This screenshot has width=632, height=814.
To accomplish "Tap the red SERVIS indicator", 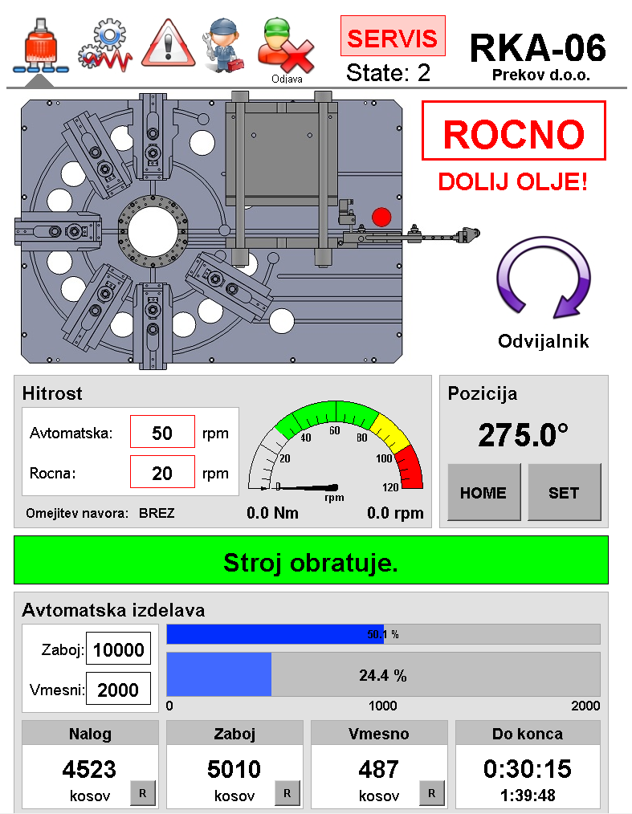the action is click(393, 36).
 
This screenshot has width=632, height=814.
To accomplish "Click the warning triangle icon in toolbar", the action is click(169, 44).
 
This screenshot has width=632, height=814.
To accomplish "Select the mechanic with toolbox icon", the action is click(224, 45).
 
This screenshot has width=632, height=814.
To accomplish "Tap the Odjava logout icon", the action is click(286, 47).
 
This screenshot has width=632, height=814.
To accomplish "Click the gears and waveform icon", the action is click(106, 45).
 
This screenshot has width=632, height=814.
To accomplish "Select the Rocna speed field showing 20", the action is click(162, 472).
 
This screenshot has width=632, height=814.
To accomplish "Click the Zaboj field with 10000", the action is click(118, 649).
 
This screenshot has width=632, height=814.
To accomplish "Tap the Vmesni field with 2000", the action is click(118, 689).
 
